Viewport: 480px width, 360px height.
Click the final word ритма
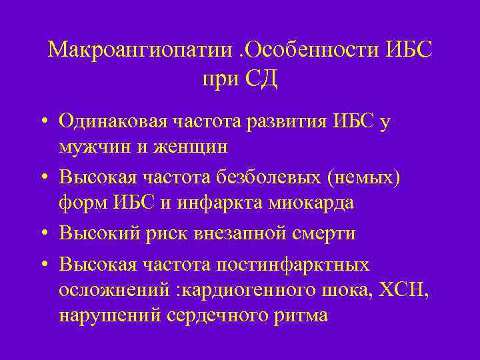(298, 313)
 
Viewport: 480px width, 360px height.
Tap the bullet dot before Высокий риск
(41, 234)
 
